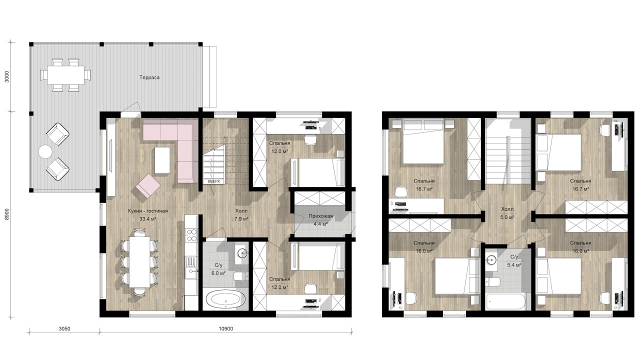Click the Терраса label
click(149, 77)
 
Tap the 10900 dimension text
click(225, 329)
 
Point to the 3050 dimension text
click(64, 329)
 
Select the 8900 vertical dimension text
click(7, 214)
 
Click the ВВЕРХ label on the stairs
click(213, 181)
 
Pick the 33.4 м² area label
click(147, 219)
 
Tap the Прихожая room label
click(320, 216)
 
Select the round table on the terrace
click(45, 151)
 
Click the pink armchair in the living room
click(148, 185)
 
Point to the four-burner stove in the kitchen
click(191, 235)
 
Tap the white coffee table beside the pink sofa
click(162, 160)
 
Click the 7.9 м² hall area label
click(241, 219)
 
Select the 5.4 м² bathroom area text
click(514, 265)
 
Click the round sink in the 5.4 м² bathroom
click(491, 259)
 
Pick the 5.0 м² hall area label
click(507, 217)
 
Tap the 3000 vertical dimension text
click(7, 76)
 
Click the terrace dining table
click(65, 75)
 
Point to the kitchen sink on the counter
click(191, 272)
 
